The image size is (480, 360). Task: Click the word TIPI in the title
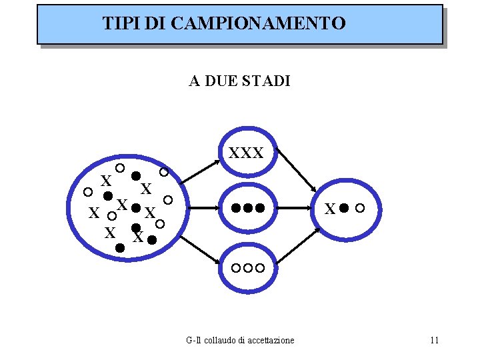(118, 24)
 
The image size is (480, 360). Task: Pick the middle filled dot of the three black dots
(248, 207)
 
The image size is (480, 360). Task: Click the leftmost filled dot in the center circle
(236, 207)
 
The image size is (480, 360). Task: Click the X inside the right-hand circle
(329, 209)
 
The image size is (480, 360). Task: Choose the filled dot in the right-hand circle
(344, 208)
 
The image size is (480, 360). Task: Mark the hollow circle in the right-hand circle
(360, 208)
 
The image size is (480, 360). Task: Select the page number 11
(435, 341)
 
